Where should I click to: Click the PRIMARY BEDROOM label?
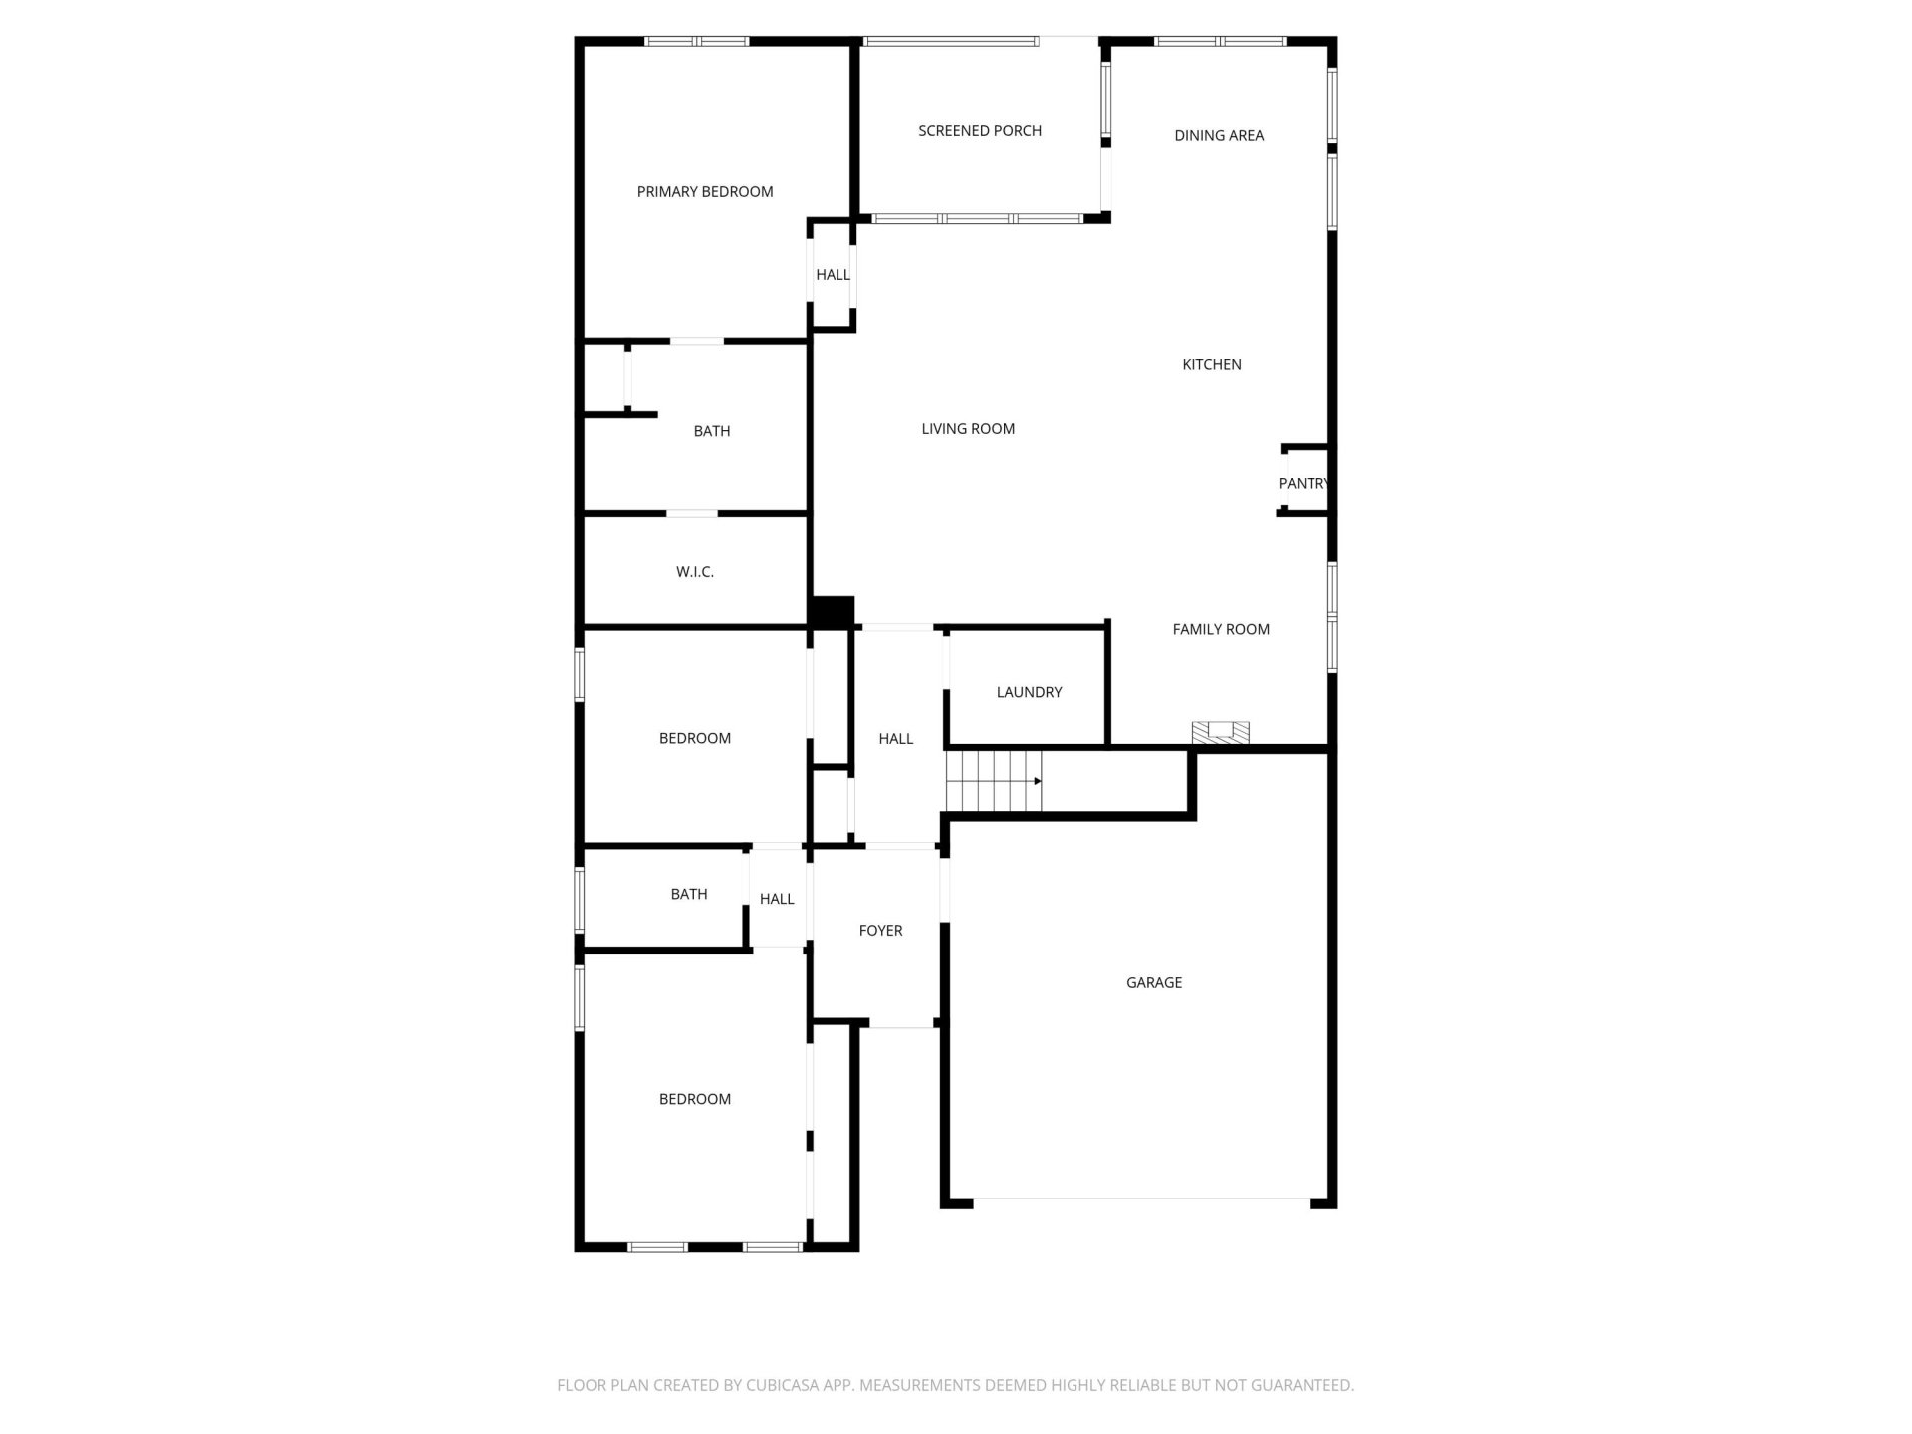705,192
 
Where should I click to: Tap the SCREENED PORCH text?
980,131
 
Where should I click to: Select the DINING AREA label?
1219,136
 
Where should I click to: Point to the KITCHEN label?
1212,365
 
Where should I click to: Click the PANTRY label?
1304,484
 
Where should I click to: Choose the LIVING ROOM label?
968,429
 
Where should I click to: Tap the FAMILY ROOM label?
1221,629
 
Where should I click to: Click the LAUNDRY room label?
1029,692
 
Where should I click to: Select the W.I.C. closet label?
695,572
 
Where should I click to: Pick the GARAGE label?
1154,983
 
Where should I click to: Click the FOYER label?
880,931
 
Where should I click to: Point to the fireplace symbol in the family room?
1221,733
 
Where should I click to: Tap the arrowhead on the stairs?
1038,782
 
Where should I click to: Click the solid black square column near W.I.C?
833,611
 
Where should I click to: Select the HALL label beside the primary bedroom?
834,275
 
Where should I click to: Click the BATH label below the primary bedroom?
712,431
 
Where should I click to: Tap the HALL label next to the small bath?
777,899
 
